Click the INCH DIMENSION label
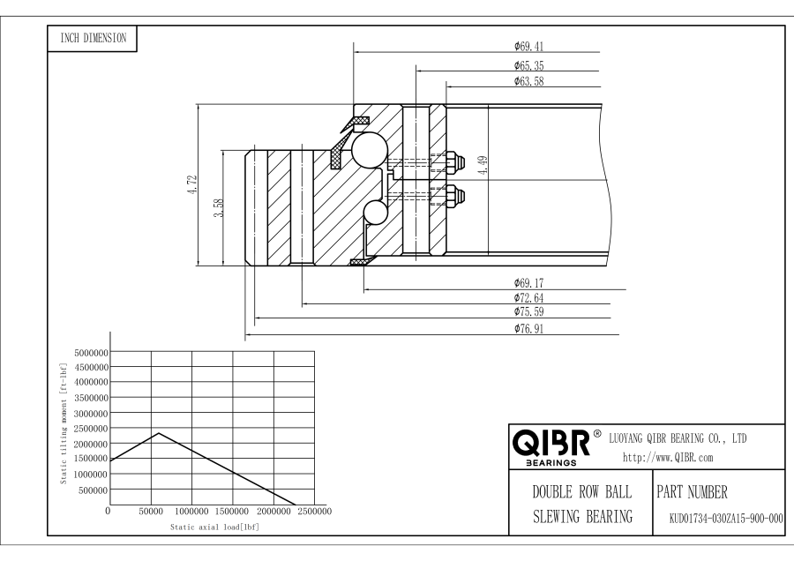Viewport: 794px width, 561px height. [92, 38]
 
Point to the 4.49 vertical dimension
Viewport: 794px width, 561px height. [483, 165]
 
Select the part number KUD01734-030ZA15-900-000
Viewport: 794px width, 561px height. [720, 519]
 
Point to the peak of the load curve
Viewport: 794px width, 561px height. [159, 432]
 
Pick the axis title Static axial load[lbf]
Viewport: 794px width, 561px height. [214, 527]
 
